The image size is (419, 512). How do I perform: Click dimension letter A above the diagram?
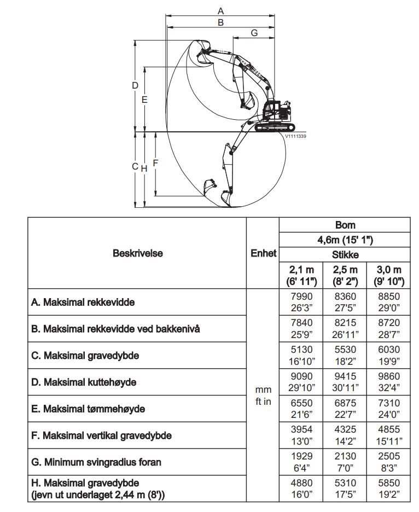tap(220, 10)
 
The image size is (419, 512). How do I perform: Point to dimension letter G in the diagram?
tap(254, 33)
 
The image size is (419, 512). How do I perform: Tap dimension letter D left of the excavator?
tap(135, 85)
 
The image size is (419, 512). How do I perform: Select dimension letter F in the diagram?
tap(155, 163)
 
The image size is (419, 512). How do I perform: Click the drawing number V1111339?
tap(295, 137)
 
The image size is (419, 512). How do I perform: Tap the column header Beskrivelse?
tap(137, 253)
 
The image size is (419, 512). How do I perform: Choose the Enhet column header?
tap(263, 253)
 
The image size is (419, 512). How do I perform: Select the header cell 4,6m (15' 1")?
tap(345, 240)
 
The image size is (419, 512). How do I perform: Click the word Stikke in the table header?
tap(345, 254)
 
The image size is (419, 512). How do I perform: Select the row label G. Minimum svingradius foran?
tap(96, 462)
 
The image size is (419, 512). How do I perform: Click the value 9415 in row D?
tap(345, 376)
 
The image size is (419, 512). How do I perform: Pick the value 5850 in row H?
tap(389, 483)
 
